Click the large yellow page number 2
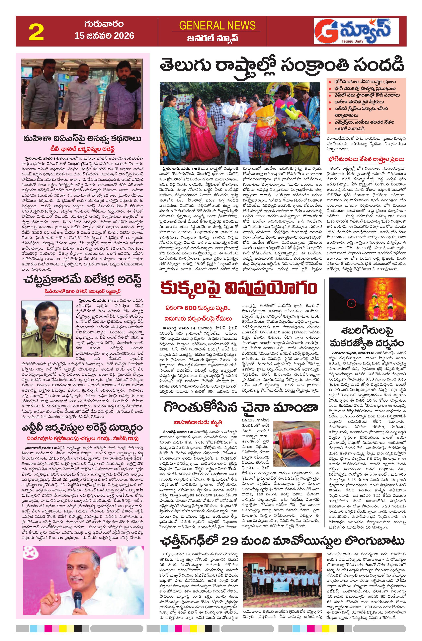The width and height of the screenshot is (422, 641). (x=36, y=32)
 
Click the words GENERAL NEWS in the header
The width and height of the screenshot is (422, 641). (x=217, y=26)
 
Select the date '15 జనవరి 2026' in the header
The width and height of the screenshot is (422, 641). (x=104, y=35)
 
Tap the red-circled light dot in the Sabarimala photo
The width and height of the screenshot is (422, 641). (x=351, y=304)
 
